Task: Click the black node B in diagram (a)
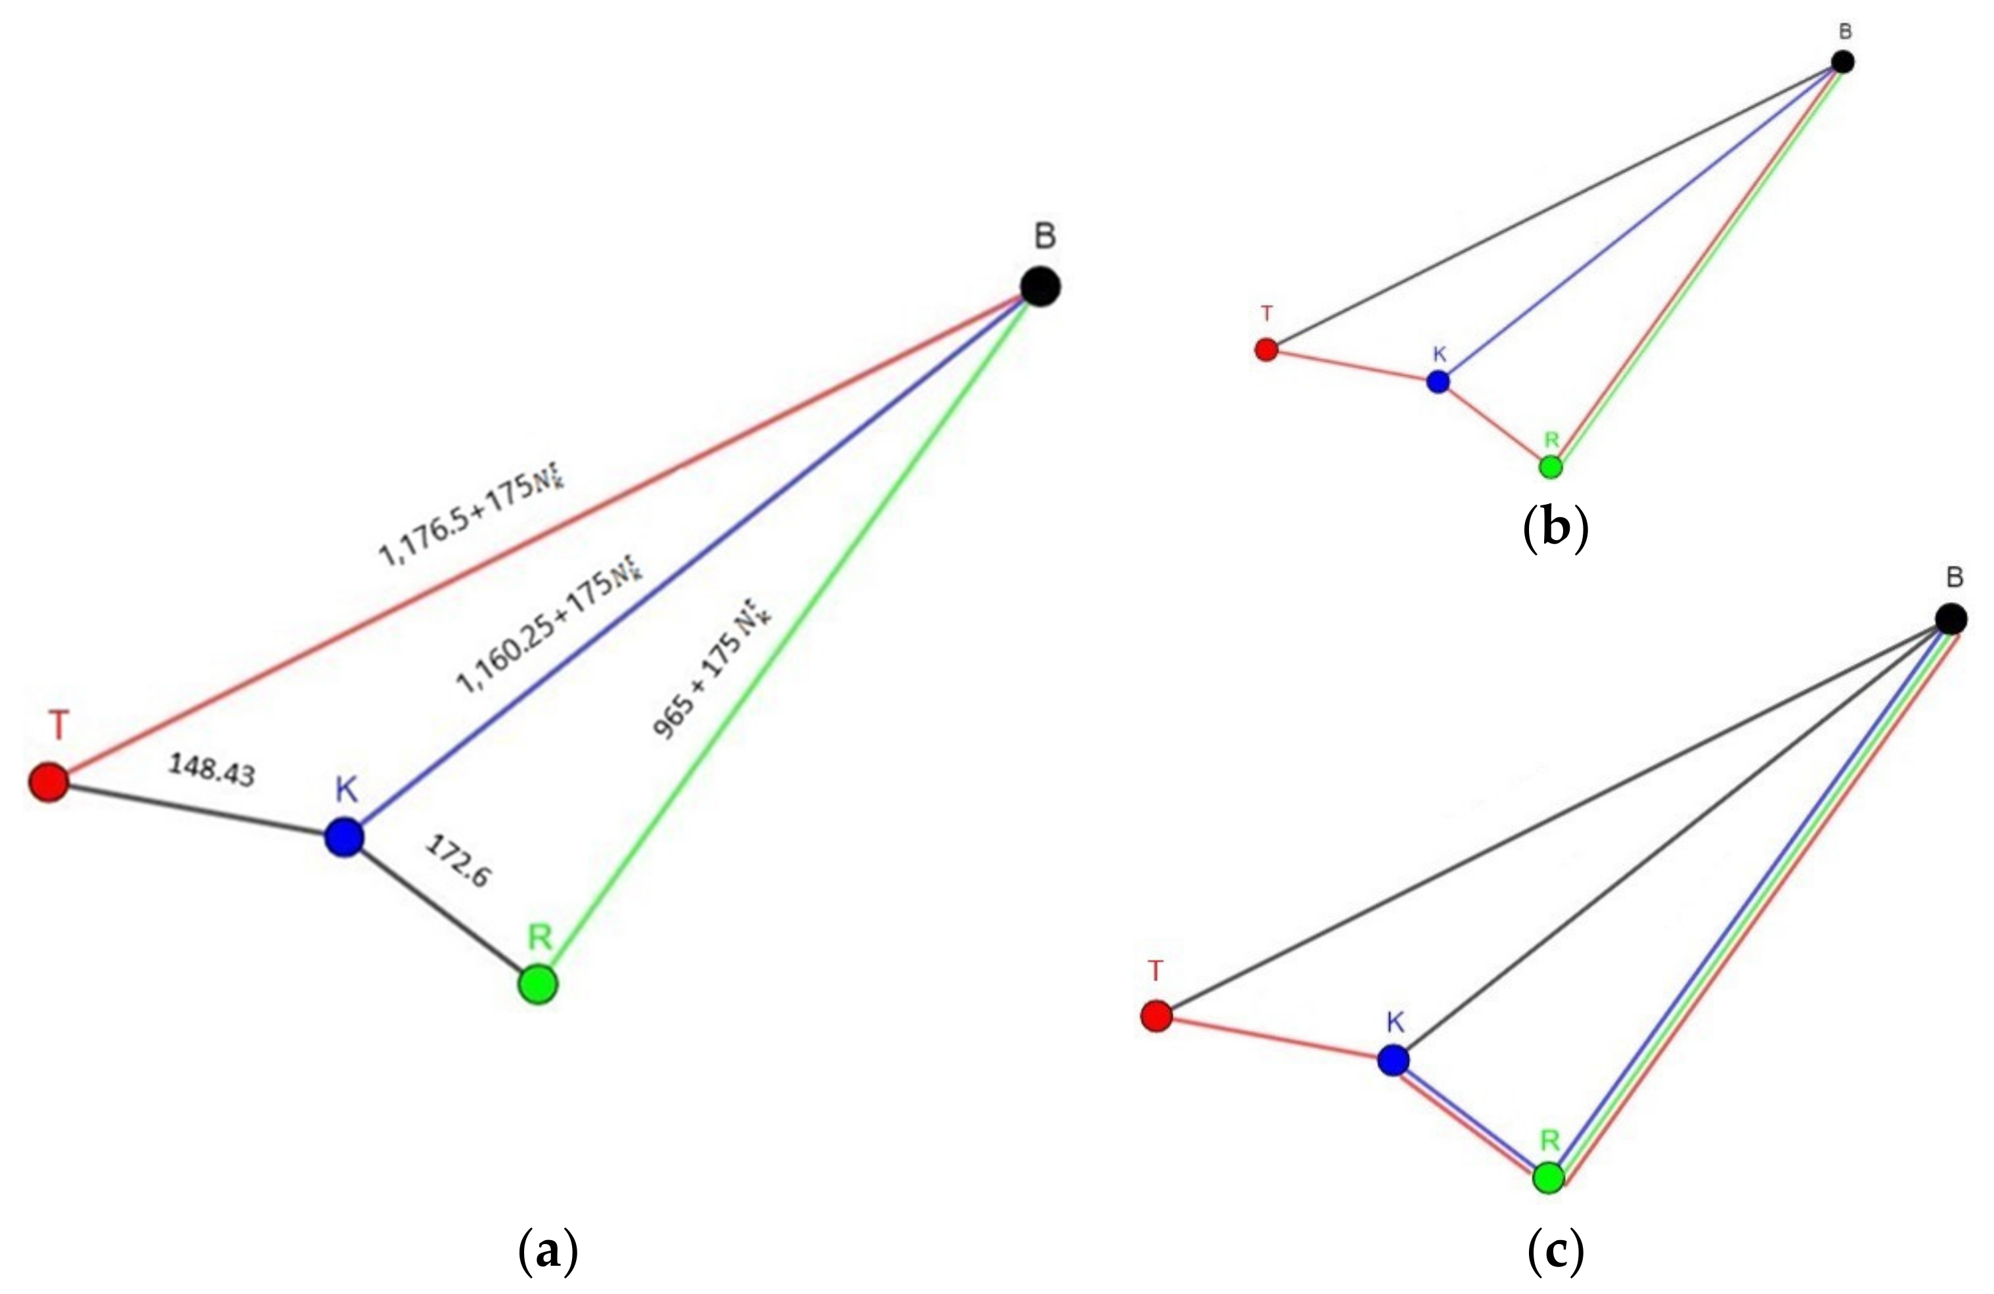tap(1040, 287)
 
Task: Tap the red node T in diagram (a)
tap(49, 782)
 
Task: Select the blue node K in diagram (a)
tap(344, 837)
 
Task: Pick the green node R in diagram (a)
tap(538, 983)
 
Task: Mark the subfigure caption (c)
tap(1556, 1251)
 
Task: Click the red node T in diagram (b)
tap(1266, 350)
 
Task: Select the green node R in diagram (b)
tap(1551, 467)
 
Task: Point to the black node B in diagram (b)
tap(1842, 62)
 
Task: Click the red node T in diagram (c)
tap(1156, 1017)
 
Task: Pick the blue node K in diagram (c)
tap(1393, 1060)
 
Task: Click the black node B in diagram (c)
tap(1951, 619)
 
